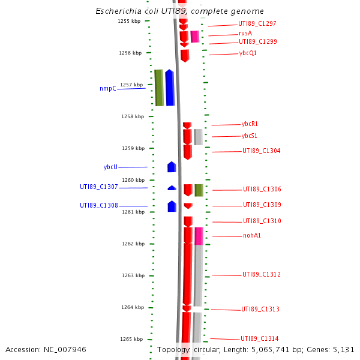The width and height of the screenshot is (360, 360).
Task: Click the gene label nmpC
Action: (108, 89)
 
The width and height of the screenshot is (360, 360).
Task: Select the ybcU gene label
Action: (110, 167)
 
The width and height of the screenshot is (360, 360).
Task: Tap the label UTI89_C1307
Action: (99, 187)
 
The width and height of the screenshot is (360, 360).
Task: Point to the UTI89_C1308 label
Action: (99, 205)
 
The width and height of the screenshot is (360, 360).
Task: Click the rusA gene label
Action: (245, 34)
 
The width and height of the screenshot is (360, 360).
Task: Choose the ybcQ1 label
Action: (248, 53)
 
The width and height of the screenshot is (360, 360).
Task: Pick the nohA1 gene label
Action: (252, 236)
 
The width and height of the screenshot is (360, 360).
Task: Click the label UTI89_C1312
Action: (262, 275)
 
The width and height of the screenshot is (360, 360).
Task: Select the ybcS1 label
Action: (249, 136)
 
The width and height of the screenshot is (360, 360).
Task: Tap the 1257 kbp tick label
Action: (131, 85)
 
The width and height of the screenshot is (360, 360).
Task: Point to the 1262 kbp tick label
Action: (131, 244)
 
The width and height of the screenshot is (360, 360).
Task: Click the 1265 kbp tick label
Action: (131, 339)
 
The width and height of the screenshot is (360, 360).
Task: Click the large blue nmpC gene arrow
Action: (170, 88)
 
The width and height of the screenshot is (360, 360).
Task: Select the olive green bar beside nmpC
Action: (159, 88)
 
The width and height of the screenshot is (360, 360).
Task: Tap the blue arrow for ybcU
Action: (172, 167)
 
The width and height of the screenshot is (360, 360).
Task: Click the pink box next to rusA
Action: (195, 37)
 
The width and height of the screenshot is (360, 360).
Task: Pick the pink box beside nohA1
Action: (199, 236)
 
